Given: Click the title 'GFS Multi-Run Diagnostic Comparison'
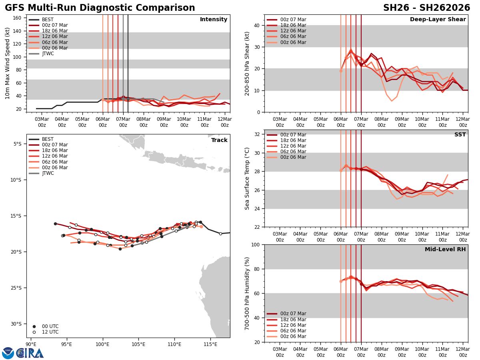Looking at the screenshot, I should pyautogui.click(x=100, y=8).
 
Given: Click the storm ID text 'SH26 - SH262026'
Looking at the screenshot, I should pyautogui.click(x=426, y=8).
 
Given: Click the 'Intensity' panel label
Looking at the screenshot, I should pyautogui.click(x=214, y=20).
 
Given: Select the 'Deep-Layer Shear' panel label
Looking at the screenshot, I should pyautogui.click(x=438, y=20).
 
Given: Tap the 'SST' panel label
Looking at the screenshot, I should pyautogui.click(x=460, y=135).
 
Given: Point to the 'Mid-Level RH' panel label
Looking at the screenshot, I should pyautogui.click(x=445, y=250).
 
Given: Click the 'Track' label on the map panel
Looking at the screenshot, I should pyautogui.click(x=219, y=140).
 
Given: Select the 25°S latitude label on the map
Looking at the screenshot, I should pyautogui.click(x=16, y=288).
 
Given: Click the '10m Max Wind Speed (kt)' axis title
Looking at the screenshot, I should pyautogui.click(x=8, y=63).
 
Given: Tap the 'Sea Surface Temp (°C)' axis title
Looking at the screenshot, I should pyautogui.click(x=247, y=178).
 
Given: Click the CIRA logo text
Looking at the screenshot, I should pyautogui.click(x=30, y=353).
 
